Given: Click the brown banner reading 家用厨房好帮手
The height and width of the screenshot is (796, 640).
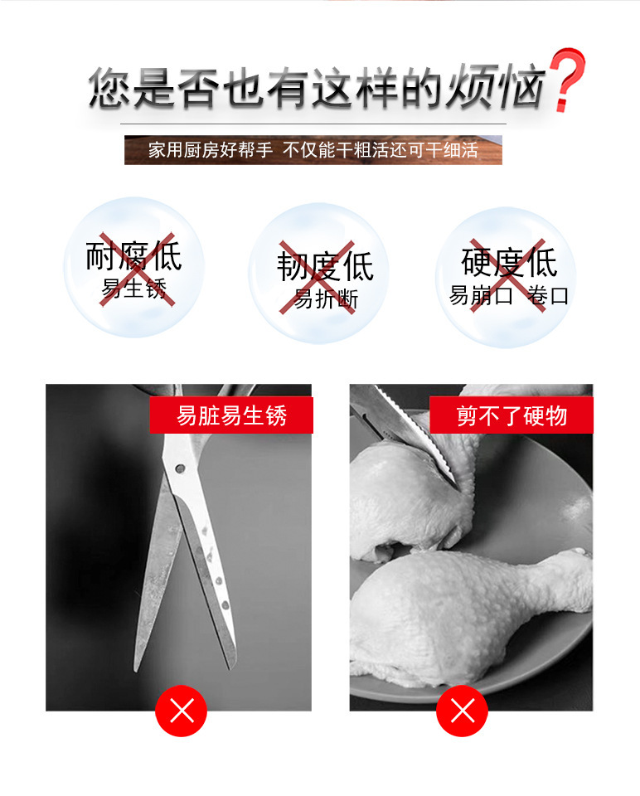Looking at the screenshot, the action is (313, 150).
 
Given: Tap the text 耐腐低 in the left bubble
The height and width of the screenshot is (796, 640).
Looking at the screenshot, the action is (133, 256).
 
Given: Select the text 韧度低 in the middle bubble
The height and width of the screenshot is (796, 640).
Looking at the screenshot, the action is (325, 265).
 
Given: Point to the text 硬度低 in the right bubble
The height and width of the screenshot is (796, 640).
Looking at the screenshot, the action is (509, 262).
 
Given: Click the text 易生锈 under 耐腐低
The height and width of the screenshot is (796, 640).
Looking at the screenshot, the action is (134, 289).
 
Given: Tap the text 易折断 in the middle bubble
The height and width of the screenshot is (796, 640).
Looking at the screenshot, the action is (326, 298).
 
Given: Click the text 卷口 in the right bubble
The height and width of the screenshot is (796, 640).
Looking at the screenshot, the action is (548, 295).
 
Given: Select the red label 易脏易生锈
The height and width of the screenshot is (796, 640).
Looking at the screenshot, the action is (231, 415).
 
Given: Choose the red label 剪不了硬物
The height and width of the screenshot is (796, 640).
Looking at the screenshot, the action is (512, 415).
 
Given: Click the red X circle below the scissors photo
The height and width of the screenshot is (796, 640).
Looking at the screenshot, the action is (182, 711).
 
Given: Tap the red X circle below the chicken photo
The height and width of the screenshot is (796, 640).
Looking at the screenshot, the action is (462, 711).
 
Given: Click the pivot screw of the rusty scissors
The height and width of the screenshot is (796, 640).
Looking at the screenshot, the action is (179, 468).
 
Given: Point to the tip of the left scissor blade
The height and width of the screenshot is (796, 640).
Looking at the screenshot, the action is (136, 670).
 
